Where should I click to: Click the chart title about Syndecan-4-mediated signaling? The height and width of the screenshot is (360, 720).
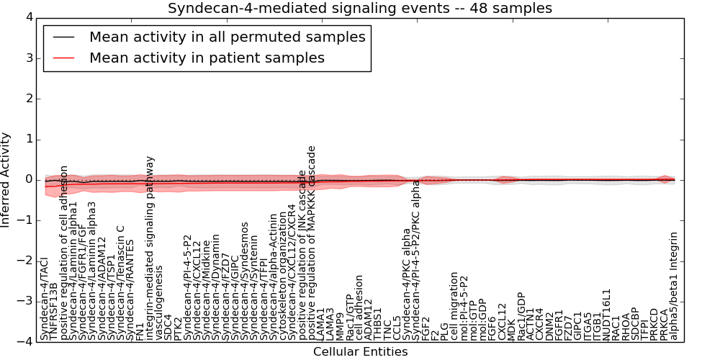tap(360, 9)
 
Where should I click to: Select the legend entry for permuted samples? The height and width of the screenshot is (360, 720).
tap(227, 37)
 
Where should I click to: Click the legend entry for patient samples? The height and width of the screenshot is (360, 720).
tap(207, 58)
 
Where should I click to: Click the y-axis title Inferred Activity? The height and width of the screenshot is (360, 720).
tap(6, 179)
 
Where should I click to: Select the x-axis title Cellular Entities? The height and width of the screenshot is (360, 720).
tap(360, 352)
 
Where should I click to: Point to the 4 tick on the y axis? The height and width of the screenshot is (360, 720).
tap(27, 17)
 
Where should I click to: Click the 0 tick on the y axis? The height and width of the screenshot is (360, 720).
tap(27, 179)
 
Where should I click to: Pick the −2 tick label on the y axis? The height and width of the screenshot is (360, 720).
tap(24, 261)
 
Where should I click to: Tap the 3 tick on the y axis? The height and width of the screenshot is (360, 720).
tap(27, 58)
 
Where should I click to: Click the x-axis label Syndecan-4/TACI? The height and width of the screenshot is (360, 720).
tap(45, 299)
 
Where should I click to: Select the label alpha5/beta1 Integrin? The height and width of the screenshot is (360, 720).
tap(674, 286)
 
